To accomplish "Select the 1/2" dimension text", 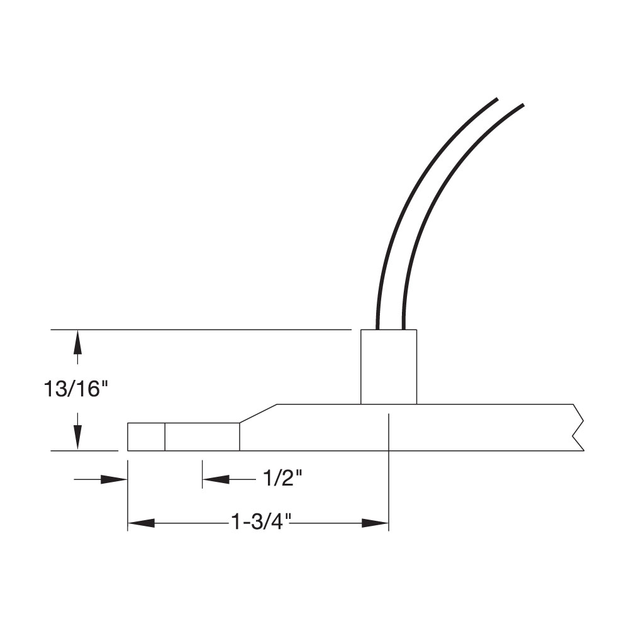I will coord(282,480).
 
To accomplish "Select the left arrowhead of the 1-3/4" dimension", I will coord(141,523).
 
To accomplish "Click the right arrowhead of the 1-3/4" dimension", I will coord(376,523).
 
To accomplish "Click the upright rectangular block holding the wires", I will coord(388,367).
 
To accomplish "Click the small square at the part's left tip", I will coord(146,437).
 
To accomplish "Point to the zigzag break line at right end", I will coord(579,428).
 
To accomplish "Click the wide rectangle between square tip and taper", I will coord(202,437).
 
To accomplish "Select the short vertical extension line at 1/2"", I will coord(202,474).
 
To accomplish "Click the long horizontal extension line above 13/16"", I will coord(201,329).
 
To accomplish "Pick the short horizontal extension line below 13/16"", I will coord(84,451).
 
